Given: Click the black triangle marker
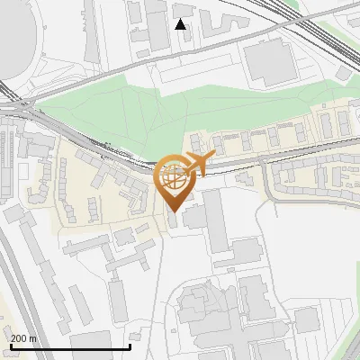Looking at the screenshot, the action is tap(180, 23).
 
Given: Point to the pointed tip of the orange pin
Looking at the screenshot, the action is tap(173, 210).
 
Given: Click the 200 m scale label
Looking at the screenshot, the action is tap(23, 338).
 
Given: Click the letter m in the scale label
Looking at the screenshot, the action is tap(32, 338).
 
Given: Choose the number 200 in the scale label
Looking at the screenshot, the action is tap(19, 338).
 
